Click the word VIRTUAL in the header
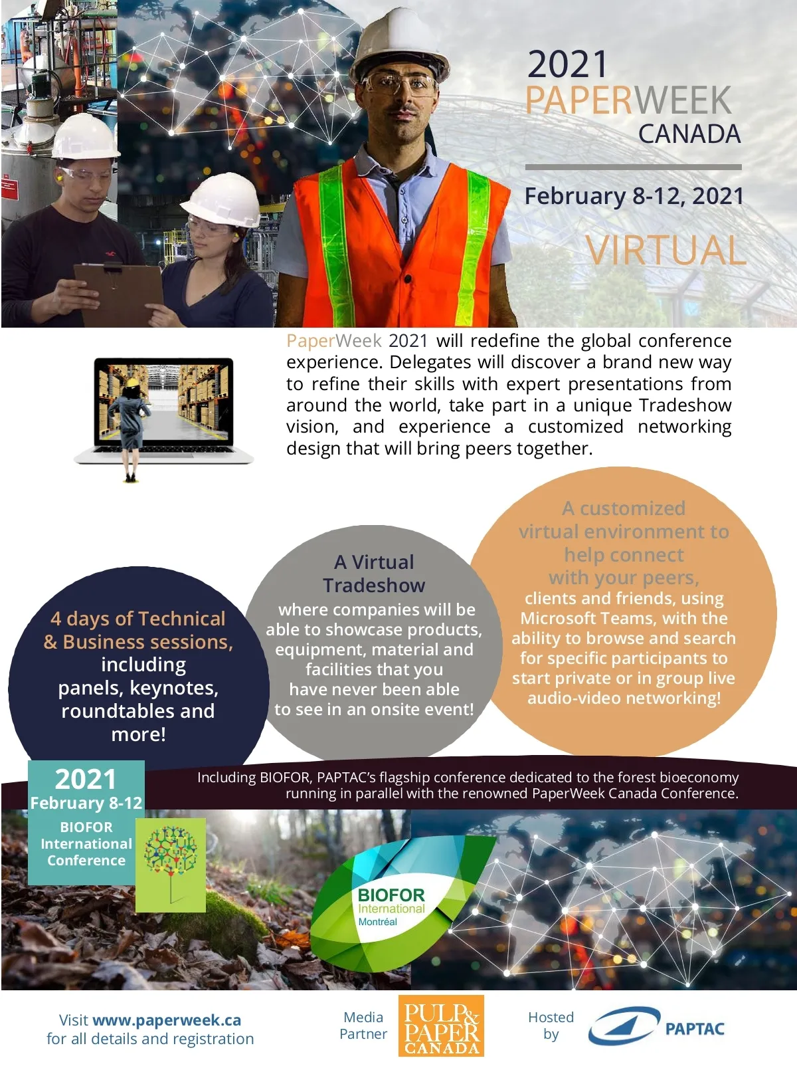(665, 251)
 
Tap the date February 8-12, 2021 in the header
(634, 196)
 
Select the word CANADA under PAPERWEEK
(689, 134)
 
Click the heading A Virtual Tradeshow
(374, 573)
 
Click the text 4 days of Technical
(138, 618)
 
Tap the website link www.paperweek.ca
(167, 1020)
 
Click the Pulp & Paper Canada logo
(441, 1026)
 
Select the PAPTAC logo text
(694, 1029)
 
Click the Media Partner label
(363, 1026)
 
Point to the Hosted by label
(551, 1026)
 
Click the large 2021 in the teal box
(85, 779)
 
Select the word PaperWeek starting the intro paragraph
(333, 341)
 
